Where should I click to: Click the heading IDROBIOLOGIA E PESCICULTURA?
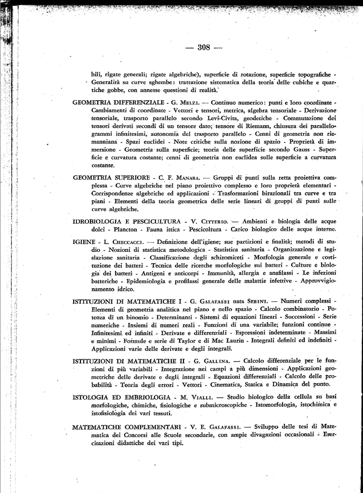127,221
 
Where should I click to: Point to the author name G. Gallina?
210,361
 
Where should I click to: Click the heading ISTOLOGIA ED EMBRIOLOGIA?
122,396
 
